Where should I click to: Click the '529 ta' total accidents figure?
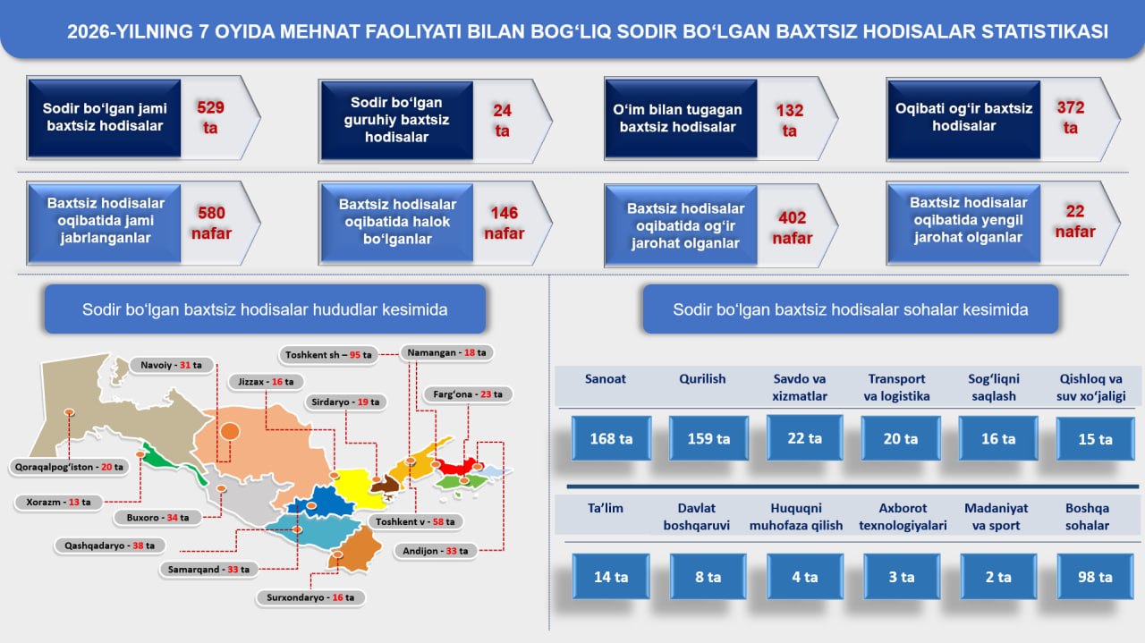tap(210, 117)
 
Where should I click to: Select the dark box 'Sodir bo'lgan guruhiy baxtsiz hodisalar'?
tap(396, 120)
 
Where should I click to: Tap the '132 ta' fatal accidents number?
tap(790, 120)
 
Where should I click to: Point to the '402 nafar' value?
tap(793, 227)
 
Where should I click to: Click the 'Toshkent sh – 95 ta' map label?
tap(328, 355)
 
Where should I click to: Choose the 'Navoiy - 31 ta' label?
tap(171, 365)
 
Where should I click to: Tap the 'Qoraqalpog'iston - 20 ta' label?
tap(69, 467)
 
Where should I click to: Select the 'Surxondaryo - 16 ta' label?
tap(310, 597)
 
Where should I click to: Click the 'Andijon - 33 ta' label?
tap(435, 551)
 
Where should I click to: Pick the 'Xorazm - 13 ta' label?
tap(59, 502)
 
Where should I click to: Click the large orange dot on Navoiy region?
tap(230, 431)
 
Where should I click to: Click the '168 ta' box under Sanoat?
tap(611, 438)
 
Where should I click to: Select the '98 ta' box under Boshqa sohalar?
tap(1095, 577)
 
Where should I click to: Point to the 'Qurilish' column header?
tap(702, 379)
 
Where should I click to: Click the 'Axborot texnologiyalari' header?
tap(903, 517)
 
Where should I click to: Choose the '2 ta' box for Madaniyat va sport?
tap(998, 577)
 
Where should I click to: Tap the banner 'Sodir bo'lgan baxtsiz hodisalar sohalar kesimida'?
tap(851, 309)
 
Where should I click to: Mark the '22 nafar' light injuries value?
tap(1075, 221)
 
